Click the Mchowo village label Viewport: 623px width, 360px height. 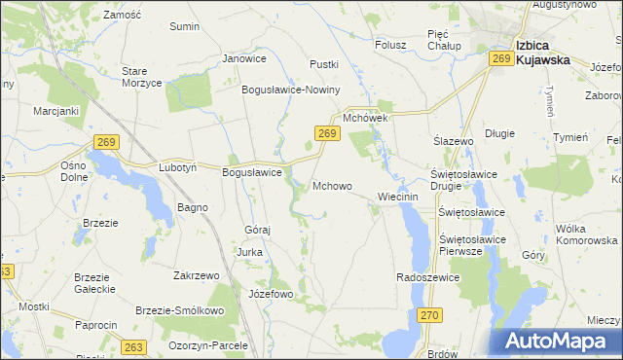click(332, 185)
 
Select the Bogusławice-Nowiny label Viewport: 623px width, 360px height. click(290, 90)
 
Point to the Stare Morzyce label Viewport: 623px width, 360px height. click(141, 77)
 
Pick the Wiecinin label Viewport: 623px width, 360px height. click(397, 197)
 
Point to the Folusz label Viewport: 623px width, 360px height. click(390, 44)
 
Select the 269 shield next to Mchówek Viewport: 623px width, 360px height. click(326, 133)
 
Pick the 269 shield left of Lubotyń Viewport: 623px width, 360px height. click(108, 143)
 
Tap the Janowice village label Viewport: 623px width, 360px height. click(244, 58)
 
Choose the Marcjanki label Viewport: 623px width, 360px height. click(55, 111)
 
